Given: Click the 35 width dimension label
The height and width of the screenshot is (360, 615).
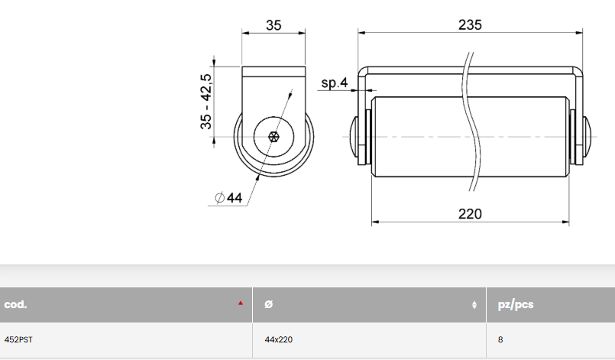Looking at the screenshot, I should click(x=274, y=24).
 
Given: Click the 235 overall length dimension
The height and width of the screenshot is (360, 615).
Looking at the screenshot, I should click(x=470, y=24).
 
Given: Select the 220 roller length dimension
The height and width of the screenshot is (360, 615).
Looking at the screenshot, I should click(x=470, y=213).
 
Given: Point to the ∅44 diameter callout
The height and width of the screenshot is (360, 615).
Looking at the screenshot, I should click(x=229, y=198).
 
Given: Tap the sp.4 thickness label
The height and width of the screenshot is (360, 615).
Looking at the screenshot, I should click(x=334, y=83).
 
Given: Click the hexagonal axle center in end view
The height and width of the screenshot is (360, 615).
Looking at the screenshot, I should click(x=274, y=137).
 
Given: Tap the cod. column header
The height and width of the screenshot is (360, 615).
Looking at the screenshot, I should click(x=16, y=304).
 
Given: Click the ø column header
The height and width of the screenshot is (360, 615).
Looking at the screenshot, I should click(x=267, y=304).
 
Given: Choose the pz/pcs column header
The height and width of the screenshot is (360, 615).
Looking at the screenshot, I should click(x=515, y=304).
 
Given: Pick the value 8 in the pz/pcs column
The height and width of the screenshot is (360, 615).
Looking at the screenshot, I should click(x=500, y=339).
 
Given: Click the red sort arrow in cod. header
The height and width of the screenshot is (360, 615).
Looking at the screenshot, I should click(x=241, y=303).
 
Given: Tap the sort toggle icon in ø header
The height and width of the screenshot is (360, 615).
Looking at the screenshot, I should click(x=474, y=305).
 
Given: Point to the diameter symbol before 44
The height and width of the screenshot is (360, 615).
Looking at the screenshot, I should click(x=220, y=198).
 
